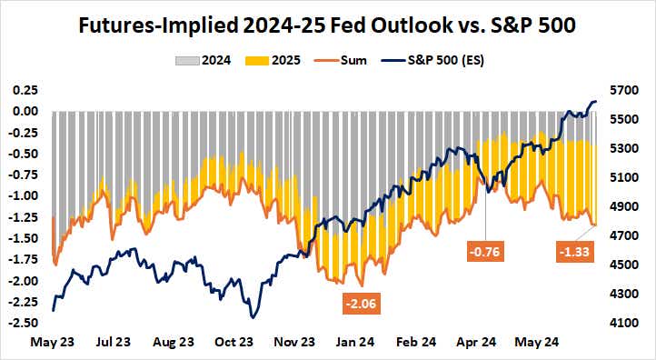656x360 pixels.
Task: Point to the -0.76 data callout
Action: (486, 250)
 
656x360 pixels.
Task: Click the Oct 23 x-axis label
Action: (234, 343)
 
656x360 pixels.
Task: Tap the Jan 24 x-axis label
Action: (356, 343)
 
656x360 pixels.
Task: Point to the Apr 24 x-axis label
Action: (477, 343)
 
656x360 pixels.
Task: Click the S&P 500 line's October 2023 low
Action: (252, 317)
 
